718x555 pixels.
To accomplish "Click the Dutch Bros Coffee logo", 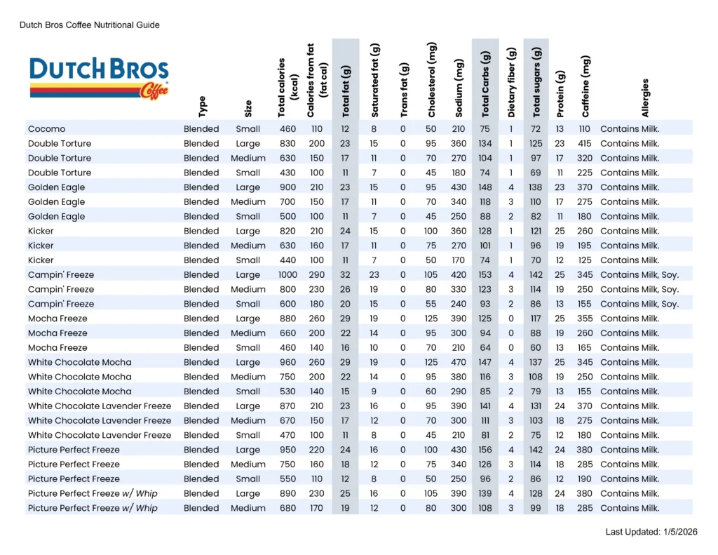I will point(99,78).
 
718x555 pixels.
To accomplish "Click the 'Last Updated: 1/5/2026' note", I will point(651,533).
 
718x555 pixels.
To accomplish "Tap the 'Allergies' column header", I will point(645,98).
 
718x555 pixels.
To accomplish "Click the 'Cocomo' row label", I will point(47,129).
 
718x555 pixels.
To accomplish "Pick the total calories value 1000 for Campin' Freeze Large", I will point(287,275).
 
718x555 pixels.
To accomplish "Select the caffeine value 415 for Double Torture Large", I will point(584,144).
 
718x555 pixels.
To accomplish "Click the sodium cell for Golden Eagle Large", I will point(459,187).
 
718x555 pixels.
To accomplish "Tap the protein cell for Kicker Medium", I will point(560,246).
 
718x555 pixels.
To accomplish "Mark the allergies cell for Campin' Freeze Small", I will point(639,304).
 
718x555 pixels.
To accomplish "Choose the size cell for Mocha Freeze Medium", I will point(248,333).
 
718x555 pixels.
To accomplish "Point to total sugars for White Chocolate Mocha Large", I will point(536,363).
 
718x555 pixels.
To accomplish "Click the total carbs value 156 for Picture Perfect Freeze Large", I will point(485,450).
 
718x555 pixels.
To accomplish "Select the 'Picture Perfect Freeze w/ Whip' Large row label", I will point(93,493).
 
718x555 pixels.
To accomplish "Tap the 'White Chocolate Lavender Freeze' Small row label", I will point(100,435).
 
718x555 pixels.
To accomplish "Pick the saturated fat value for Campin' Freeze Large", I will point(374,275).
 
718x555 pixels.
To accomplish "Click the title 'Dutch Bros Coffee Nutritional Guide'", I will point(90,25).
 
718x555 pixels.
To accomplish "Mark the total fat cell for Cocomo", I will point(345,129).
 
